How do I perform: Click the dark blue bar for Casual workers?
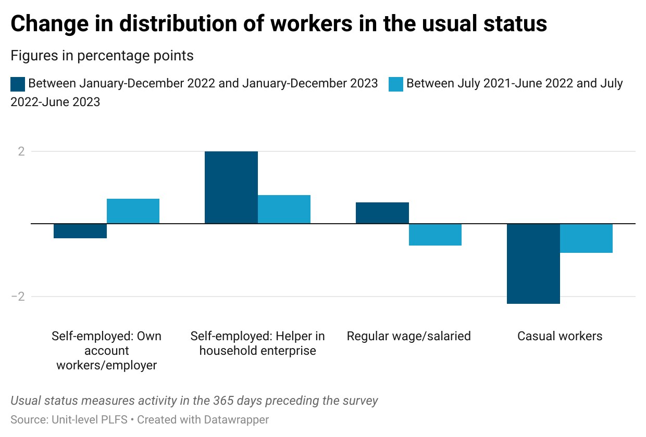(x=533, y=264)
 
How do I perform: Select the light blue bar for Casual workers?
(x=586, y=238)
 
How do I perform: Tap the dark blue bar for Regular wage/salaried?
(x=382, y=213)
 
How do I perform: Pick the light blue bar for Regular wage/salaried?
(x=435, y=235)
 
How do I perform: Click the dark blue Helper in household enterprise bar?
(x=231, y=187)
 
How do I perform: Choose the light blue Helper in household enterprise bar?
(x=284, y=209)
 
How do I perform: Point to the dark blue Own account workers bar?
(x=80, y=231)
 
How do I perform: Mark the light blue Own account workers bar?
(x=133, y=211)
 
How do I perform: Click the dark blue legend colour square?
(x=18, y=84)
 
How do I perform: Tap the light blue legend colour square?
(x=396, y=84)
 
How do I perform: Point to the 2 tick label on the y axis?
(x=21, y=151)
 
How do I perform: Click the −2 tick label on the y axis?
(x=18, y=297)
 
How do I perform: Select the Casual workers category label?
(x=560, y=336)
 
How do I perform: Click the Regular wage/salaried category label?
(x=408, y=336)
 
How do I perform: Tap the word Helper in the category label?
(x=293, y=336)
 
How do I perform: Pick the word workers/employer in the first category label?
(x=107, y=365)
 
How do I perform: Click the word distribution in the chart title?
(x=179, y=23)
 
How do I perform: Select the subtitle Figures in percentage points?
(x=102, y=56)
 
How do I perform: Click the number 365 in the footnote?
(x=223, y=401)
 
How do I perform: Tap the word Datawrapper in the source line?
(x=236, y=420)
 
